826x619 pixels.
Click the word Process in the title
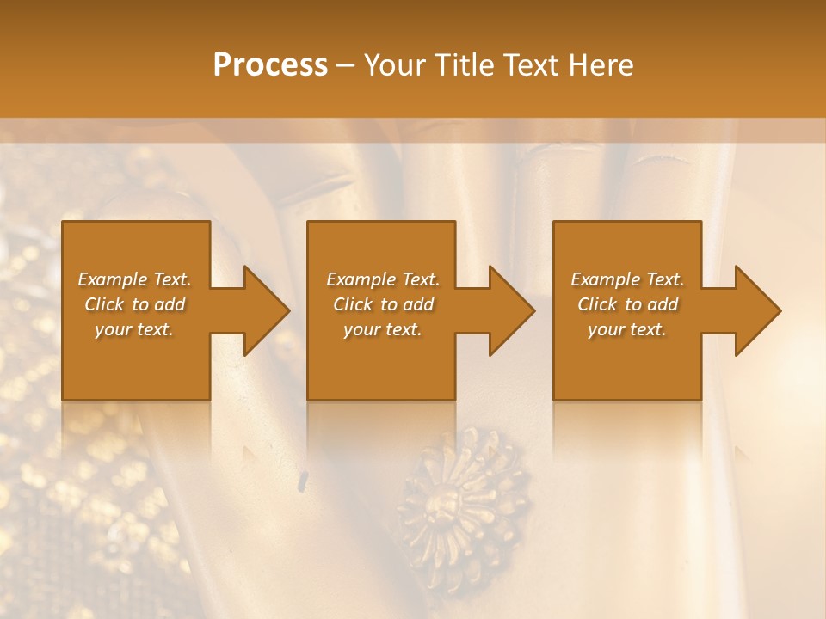tap(270, 65)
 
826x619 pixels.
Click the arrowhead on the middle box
tap(510, 310)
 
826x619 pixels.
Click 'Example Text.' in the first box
tap(134, 279)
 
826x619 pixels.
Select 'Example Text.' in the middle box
tap(383, 279)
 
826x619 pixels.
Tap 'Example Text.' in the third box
tap(627, 279)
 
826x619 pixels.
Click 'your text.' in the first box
tap(134, 329)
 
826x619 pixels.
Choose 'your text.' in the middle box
tap(383, 329)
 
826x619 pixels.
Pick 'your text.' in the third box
tap(627, 329)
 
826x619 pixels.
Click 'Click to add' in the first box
tap(134, 304)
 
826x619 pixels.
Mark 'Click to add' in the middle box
tap(383, 304)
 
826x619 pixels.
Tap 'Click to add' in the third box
tap(627, 304)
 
